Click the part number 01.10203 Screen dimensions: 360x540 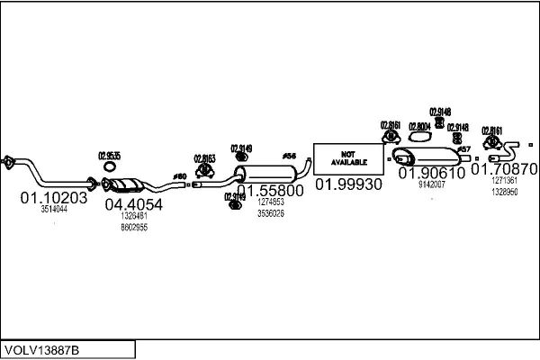pos(54,198)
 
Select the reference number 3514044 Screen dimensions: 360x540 pos(54,211)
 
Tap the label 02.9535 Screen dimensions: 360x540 pos(109,155)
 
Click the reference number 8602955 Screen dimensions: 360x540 pos(134,227)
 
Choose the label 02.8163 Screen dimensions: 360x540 pos(204,158)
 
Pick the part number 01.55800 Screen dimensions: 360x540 pos(270,191)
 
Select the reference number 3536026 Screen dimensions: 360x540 pos(270,213)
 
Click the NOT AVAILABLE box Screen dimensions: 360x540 pos(347,158)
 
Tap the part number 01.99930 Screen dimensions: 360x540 pos(348,184)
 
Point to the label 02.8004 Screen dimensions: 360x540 pos(419,127)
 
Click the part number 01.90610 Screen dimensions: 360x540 pos(432,173)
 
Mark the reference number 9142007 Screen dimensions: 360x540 pos(432,184)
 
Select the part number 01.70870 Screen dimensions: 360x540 pos(505,168)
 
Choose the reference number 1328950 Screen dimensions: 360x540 pos(504,192)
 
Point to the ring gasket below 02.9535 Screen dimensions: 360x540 pos(109,166)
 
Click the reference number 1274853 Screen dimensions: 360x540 pos(270,202)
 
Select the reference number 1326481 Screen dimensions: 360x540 pos(134,216)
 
